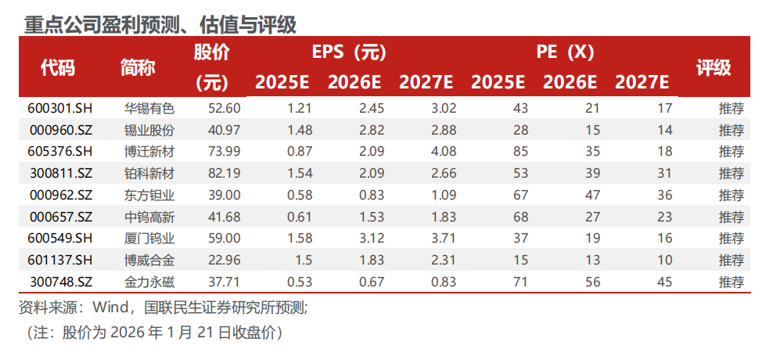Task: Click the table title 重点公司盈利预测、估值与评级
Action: pos(160,25)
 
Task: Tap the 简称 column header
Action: pos(138,67)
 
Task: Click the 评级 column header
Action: pos(713,67)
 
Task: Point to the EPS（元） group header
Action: pos(349,53)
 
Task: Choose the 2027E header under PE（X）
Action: pos(642,81)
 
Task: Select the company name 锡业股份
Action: pos(149,130)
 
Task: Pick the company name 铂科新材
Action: pos(149,173)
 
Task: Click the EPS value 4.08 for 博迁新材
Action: pos(440,151)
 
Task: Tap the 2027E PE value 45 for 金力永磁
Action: pos(663,282)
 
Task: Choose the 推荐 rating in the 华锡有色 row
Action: pos(731,108)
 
